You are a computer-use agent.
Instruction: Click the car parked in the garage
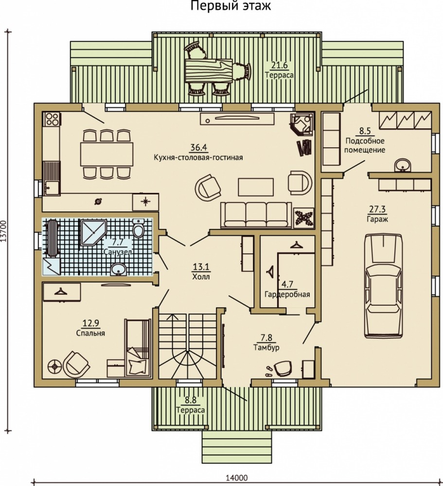pos(384,286)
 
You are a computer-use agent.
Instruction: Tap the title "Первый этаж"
pos(230,5)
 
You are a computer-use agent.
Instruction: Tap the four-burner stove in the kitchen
pos(52,119)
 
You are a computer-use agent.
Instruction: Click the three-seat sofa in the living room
pos(256,215)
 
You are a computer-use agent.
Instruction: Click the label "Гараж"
pos(377,219)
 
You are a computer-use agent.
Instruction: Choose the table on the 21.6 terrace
pos(209,71)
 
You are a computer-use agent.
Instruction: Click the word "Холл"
pos(201,276)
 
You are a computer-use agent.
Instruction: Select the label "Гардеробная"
pos(287,294)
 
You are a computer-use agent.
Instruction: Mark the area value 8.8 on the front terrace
pos(191,400)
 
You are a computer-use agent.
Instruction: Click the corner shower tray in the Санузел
pos(93,232)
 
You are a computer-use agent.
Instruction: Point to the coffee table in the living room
pos(256,187)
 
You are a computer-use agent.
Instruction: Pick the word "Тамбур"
pos(266,347)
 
